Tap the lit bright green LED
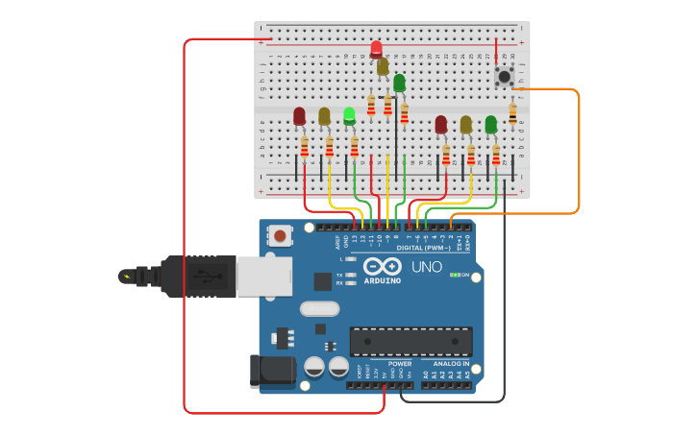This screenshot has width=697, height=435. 349,116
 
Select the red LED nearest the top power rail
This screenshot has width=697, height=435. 376,49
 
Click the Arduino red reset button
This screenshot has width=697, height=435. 280,235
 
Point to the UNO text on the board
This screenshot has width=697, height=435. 427,267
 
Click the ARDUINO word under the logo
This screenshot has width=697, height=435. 383,280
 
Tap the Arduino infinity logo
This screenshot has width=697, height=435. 383,267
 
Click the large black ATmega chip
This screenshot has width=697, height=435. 411,341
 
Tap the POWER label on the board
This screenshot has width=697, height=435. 400,364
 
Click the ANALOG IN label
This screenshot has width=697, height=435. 450,364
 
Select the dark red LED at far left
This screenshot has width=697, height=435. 299,116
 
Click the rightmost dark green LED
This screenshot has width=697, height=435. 490,124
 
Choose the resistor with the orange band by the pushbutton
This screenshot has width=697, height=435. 512,112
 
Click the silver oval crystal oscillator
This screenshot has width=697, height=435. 319,308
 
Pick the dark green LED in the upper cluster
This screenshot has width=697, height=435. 399,83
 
